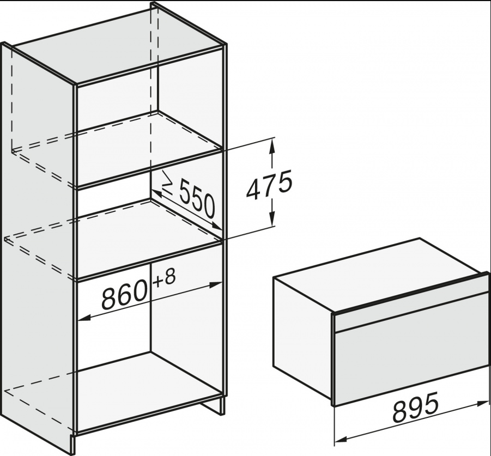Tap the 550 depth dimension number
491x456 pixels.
click(197, 200)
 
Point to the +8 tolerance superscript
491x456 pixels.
click(165, 278)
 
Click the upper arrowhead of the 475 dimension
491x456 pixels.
click(272, 145)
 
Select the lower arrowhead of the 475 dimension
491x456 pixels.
click(272, 219)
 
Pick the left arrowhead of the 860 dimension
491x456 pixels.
click(83, 318)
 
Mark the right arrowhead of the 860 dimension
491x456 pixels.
click(216, 285)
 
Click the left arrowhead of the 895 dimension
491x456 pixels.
click(341, 440)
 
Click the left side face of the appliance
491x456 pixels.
click(303, 336)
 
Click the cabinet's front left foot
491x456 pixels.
click(72, 442)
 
